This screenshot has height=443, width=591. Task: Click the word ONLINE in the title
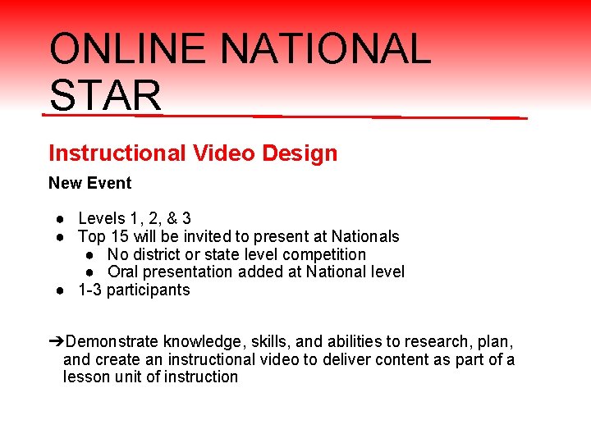128,49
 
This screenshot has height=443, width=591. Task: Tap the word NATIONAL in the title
325,49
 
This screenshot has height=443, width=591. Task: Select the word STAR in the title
105,95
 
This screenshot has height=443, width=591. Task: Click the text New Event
90,183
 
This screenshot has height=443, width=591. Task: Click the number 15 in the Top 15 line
121,236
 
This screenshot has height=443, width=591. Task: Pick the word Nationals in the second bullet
365,236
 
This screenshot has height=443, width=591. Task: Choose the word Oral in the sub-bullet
123,272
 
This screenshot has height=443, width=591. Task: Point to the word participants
148,290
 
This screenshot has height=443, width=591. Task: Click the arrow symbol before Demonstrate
55,341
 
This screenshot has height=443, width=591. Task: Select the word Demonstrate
112,341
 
